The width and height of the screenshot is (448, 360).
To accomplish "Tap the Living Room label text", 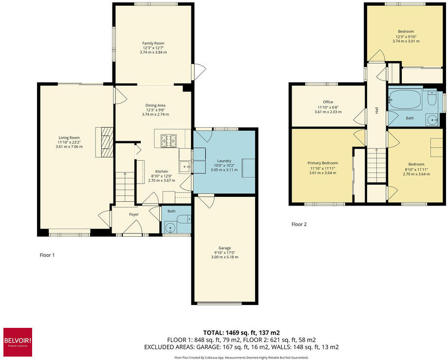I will pos(69,137).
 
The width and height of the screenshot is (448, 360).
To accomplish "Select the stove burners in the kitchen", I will pos(170,140).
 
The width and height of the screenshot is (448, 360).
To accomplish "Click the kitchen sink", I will pos(186,167).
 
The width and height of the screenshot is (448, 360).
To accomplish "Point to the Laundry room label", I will pos(224,161).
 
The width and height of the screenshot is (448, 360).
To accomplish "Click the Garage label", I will pos(224,247).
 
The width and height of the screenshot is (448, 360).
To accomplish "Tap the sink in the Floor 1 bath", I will pos(170,227).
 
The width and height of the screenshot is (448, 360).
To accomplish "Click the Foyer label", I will pos(134,214).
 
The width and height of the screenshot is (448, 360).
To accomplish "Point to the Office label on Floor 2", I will pos(328,102).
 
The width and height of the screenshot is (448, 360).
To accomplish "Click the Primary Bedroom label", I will pos(322,163).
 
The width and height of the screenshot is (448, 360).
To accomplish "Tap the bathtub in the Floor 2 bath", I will pos(405,100).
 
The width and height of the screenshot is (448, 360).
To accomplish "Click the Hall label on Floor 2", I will pos(377,111).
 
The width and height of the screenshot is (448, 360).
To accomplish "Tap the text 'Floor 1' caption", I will pos(47,254).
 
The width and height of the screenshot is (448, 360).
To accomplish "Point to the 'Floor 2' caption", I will pos(299,225).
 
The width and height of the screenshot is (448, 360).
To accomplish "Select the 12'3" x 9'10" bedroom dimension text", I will pos(406,37).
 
